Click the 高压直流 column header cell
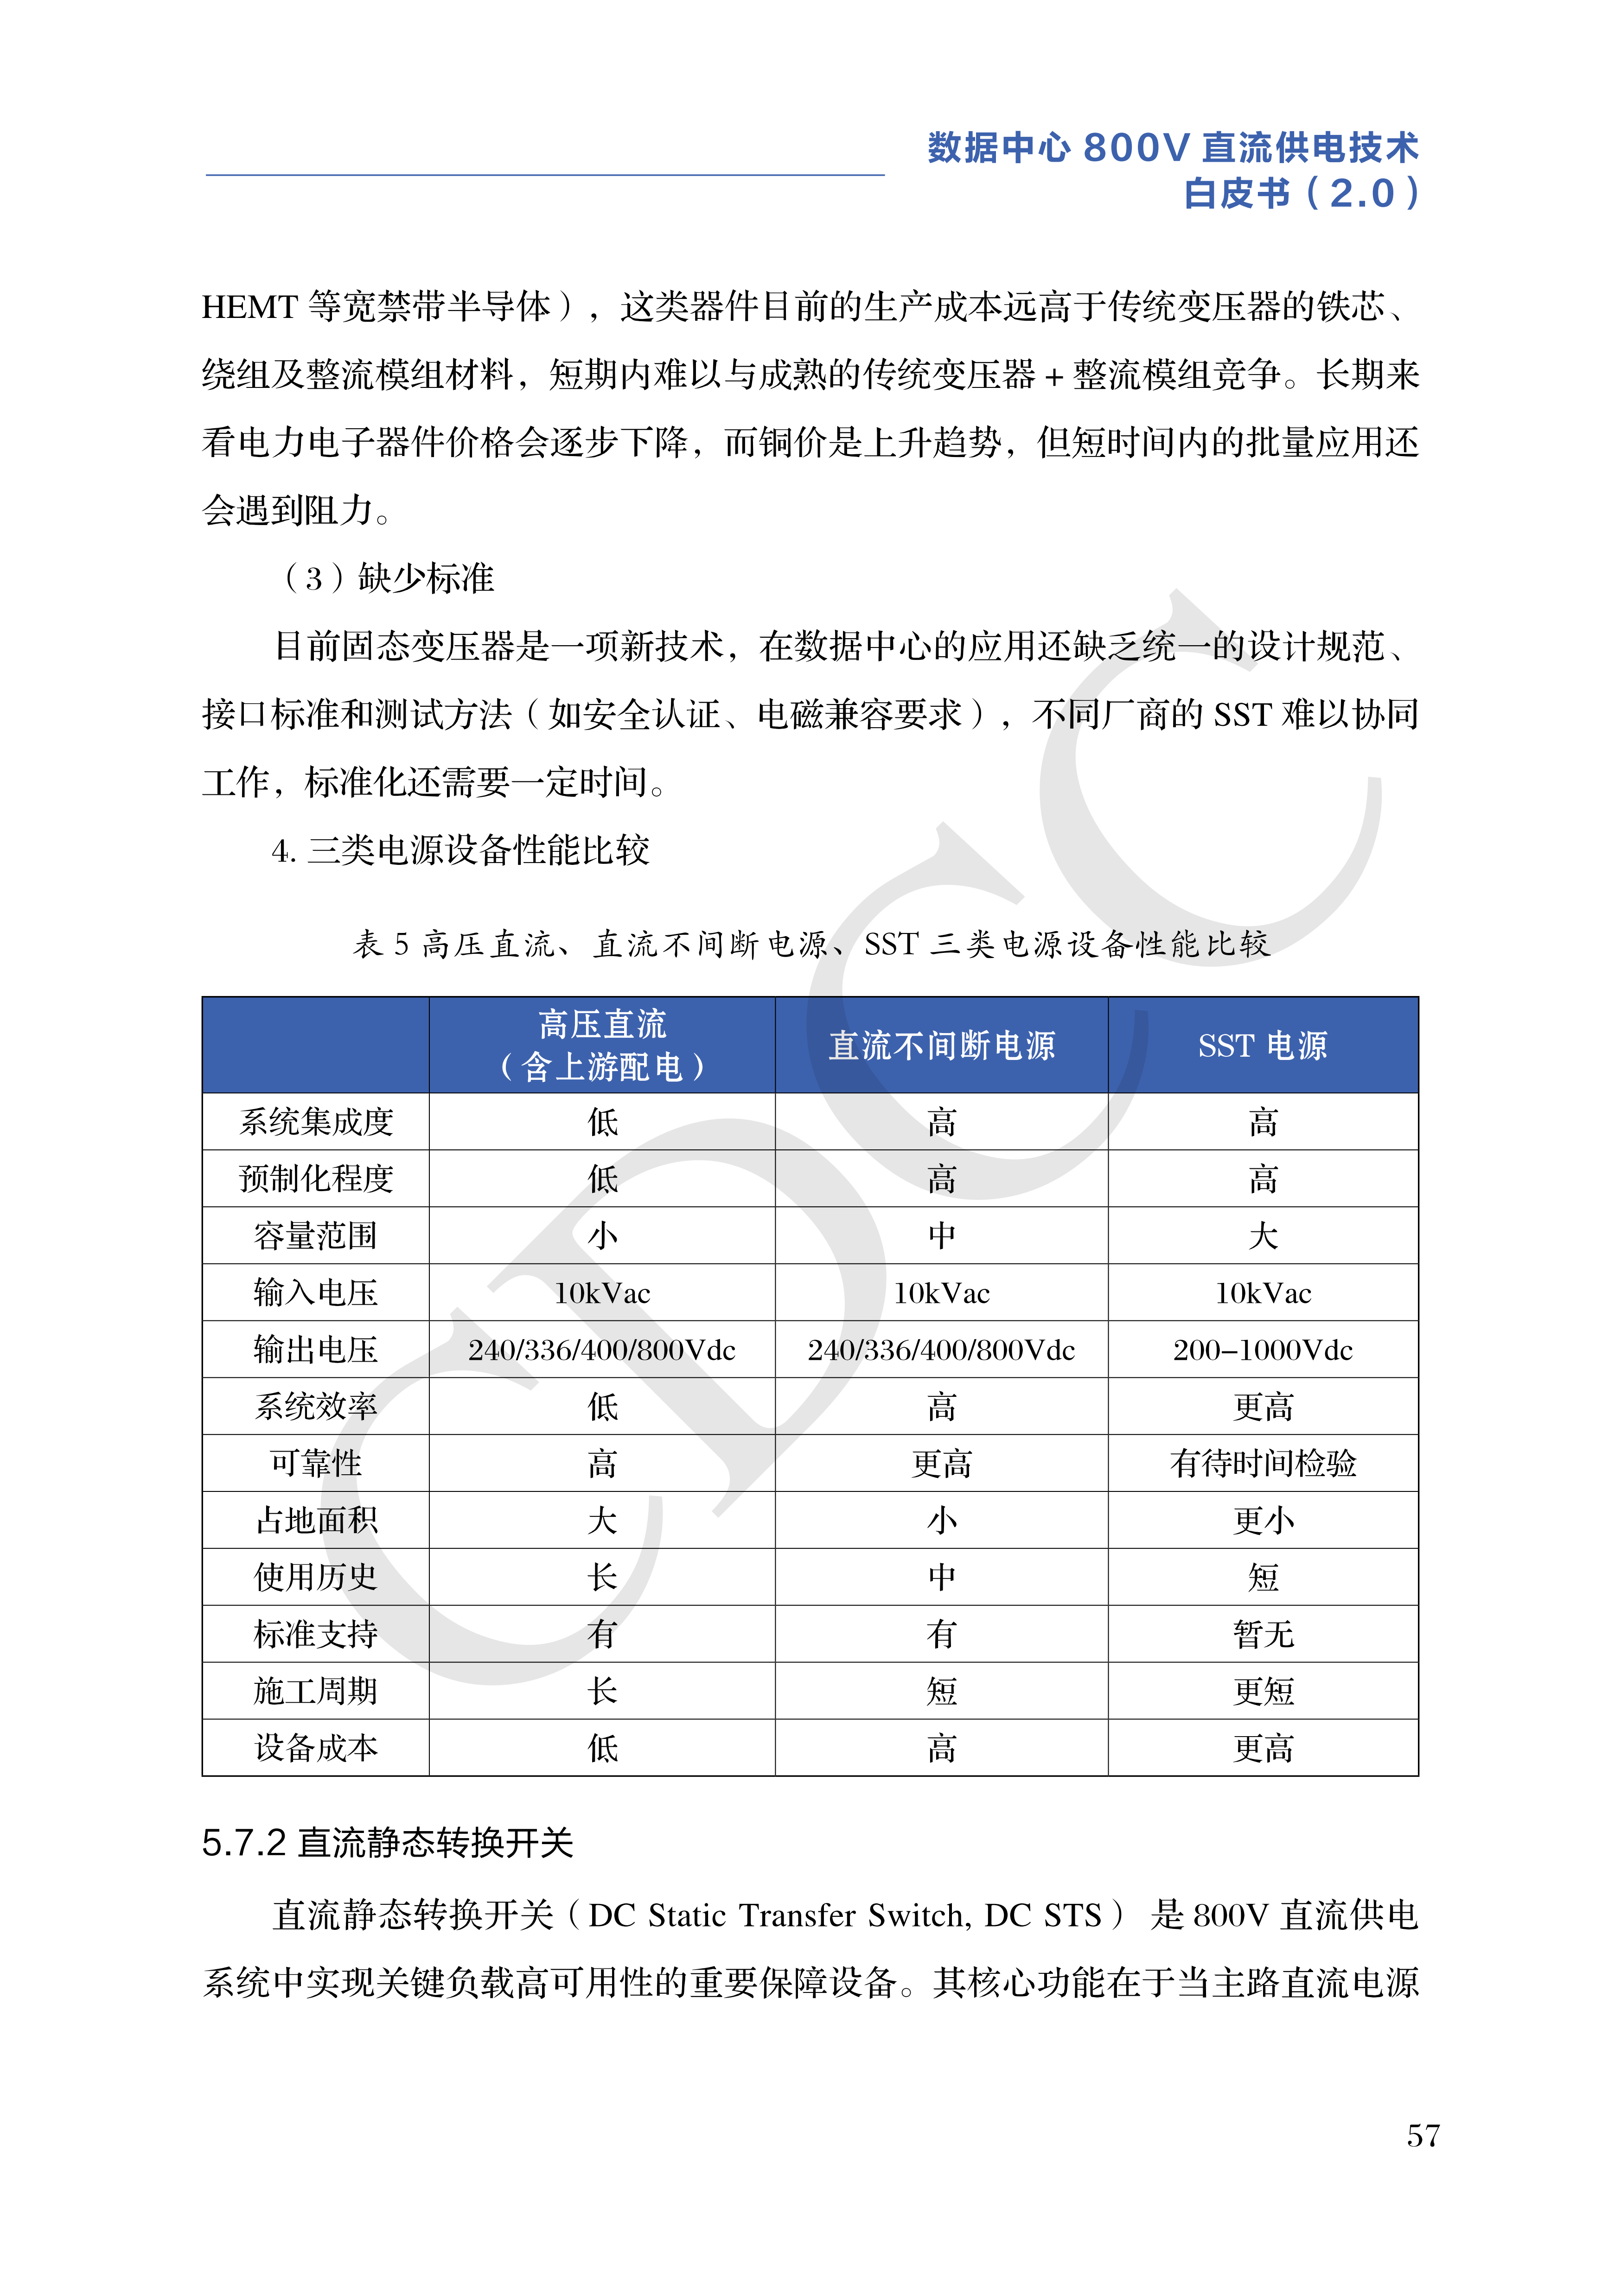[602, 1045]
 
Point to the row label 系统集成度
[315, 1122]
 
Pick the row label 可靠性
[315, 1463]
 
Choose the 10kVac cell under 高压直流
[602, 1292]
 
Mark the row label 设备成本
[315, 1747]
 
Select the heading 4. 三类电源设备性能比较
[460, 850]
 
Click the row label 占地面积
[315, 1520]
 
